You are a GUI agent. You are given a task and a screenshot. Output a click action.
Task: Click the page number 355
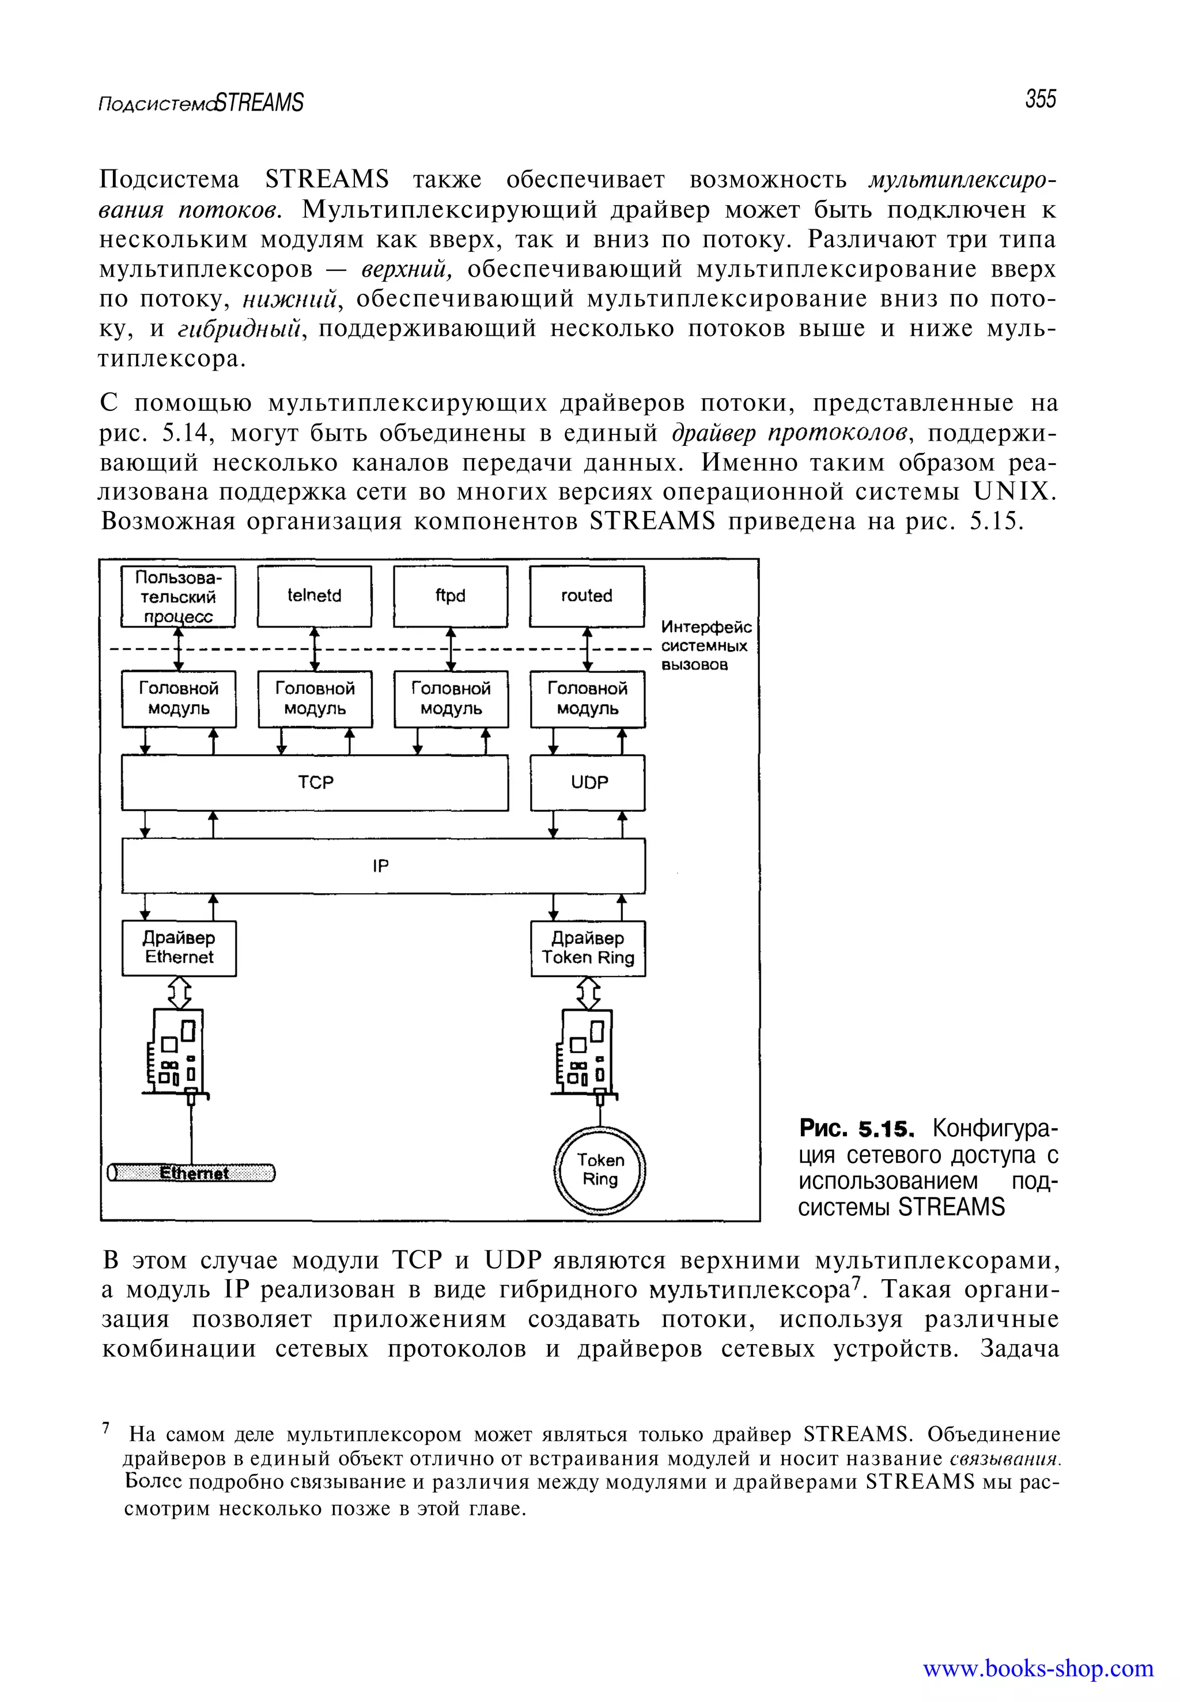pyautogui.click(x=1040, y=99)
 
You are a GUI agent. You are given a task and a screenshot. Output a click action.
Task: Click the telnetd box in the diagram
pyautogui.click(x=314, y=596)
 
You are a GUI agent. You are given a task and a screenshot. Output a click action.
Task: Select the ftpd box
pyautogui.click(x=450, y=596)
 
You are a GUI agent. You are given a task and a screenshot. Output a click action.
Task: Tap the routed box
pyautogui.click(x=587, y=596)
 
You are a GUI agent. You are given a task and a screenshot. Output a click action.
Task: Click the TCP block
pyautogui.click(x=315, y=782)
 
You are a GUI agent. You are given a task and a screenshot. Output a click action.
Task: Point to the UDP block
pyautogui.click(x=588, y=782)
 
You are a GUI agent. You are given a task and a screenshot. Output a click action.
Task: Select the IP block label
pyautogui.click(x=381, y=866)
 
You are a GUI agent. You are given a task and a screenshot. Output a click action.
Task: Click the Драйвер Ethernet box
pyautogui.click(x=179, y=948)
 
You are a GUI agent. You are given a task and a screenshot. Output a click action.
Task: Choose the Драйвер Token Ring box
pyautogui.click(x=588, y=948)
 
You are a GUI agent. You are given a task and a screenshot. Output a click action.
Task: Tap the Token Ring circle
pyautogui.click(x=600, y=1170)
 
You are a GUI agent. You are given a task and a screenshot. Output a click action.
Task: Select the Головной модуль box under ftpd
pyautogui.click(x=451, y=699)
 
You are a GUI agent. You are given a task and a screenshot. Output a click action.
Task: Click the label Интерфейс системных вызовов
pyautogui.click(x=705, y=645)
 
